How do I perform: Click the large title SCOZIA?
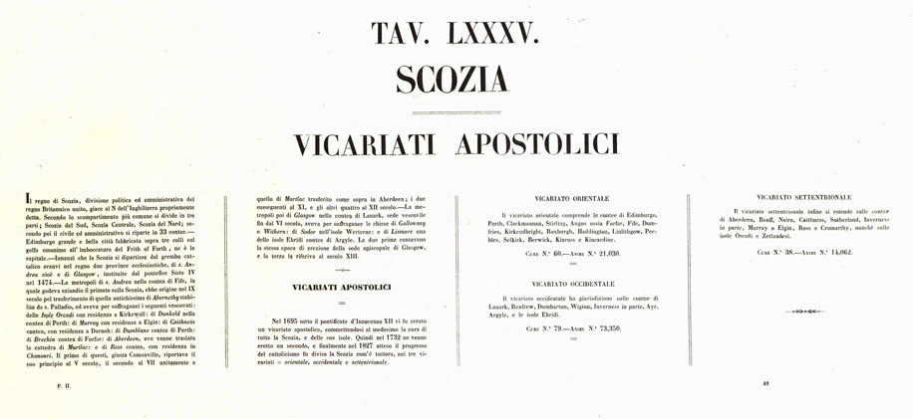coord(455,79)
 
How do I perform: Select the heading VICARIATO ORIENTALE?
coord(571,198)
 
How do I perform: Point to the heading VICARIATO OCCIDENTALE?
coord(571,284)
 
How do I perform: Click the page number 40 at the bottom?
coord(765,382)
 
